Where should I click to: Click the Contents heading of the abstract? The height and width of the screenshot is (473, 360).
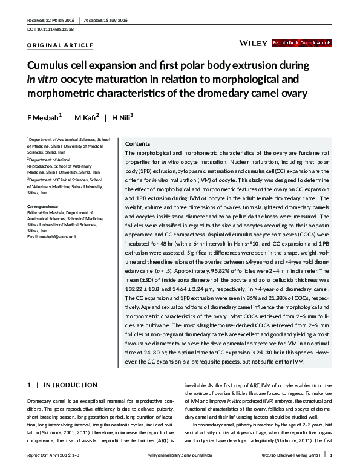coord(137,144)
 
